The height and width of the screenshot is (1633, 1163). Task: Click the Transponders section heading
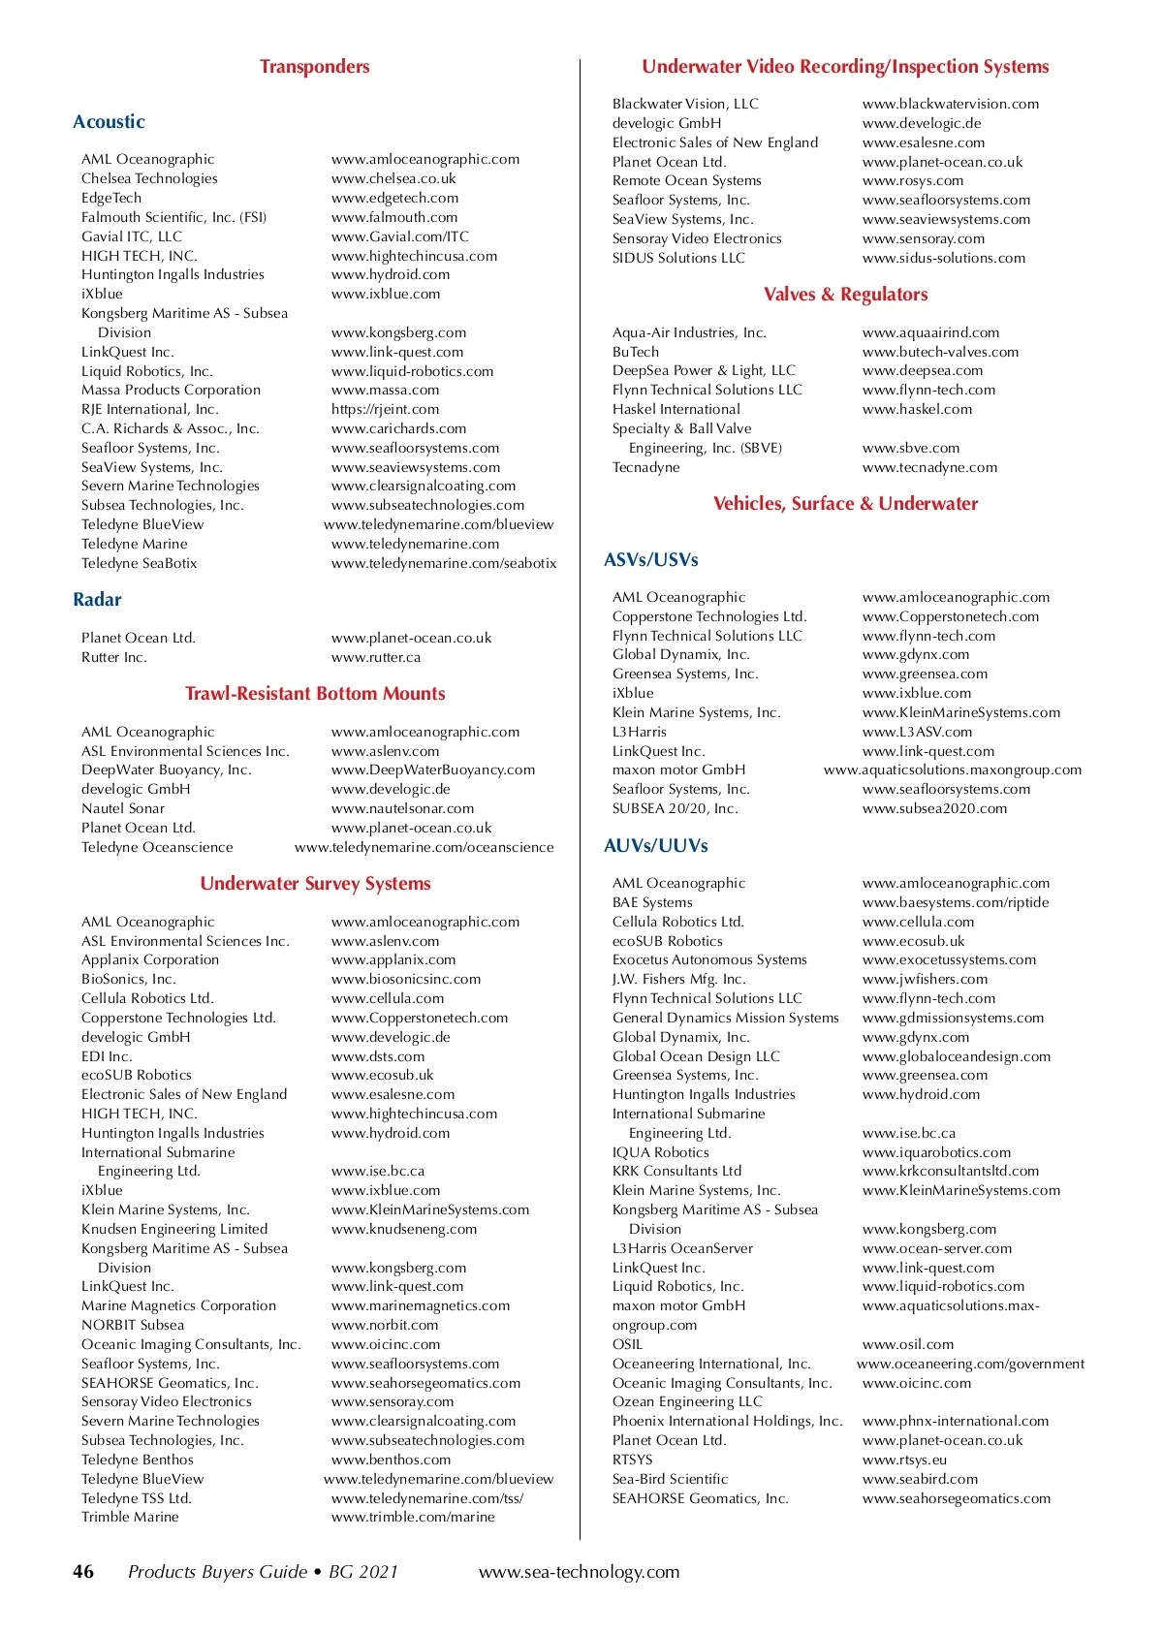pos(314,67)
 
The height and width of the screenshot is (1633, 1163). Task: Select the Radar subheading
pos(97,600)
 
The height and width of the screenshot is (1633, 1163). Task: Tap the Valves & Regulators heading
pos(845,295)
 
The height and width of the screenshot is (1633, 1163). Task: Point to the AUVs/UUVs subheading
pos(655,846)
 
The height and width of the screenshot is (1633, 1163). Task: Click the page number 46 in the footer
pos(83,1572)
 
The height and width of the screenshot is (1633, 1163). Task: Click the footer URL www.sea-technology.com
pos(579,1572)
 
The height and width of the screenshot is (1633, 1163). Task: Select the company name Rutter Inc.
pos(114,657)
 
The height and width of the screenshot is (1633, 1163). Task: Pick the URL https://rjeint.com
pos(385,409)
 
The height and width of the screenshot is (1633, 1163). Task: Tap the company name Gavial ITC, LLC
pos(132,236)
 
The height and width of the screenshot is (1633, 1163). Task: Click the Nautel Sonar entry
pos(123,808)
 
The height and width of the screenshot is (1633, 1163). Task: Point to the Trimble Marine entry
pos(130,1517)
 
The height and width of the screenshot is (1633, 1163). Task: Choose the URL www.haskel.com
pos(917,409)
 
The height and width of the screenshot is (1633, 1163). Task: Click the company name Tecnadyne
pos(645,467)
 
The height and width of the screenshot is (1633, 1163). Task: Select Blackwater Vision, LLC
pos(685,104)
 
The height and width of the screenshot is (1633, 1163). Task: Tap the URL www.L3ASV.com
pos(917,732)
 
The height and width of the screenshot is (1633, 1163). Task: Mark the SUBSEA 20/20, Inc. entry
pos(675,808)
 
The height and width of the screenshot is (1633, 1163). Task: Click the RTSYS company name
pos(632,1460)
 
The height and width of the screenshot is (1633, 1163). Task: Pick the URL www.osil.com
pos(908,1344)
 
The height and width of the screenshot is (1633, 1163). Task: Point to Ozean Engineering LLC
pos(687,1401)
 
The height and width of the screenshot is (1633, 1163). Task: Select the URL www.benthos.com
pos(391,1460)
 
